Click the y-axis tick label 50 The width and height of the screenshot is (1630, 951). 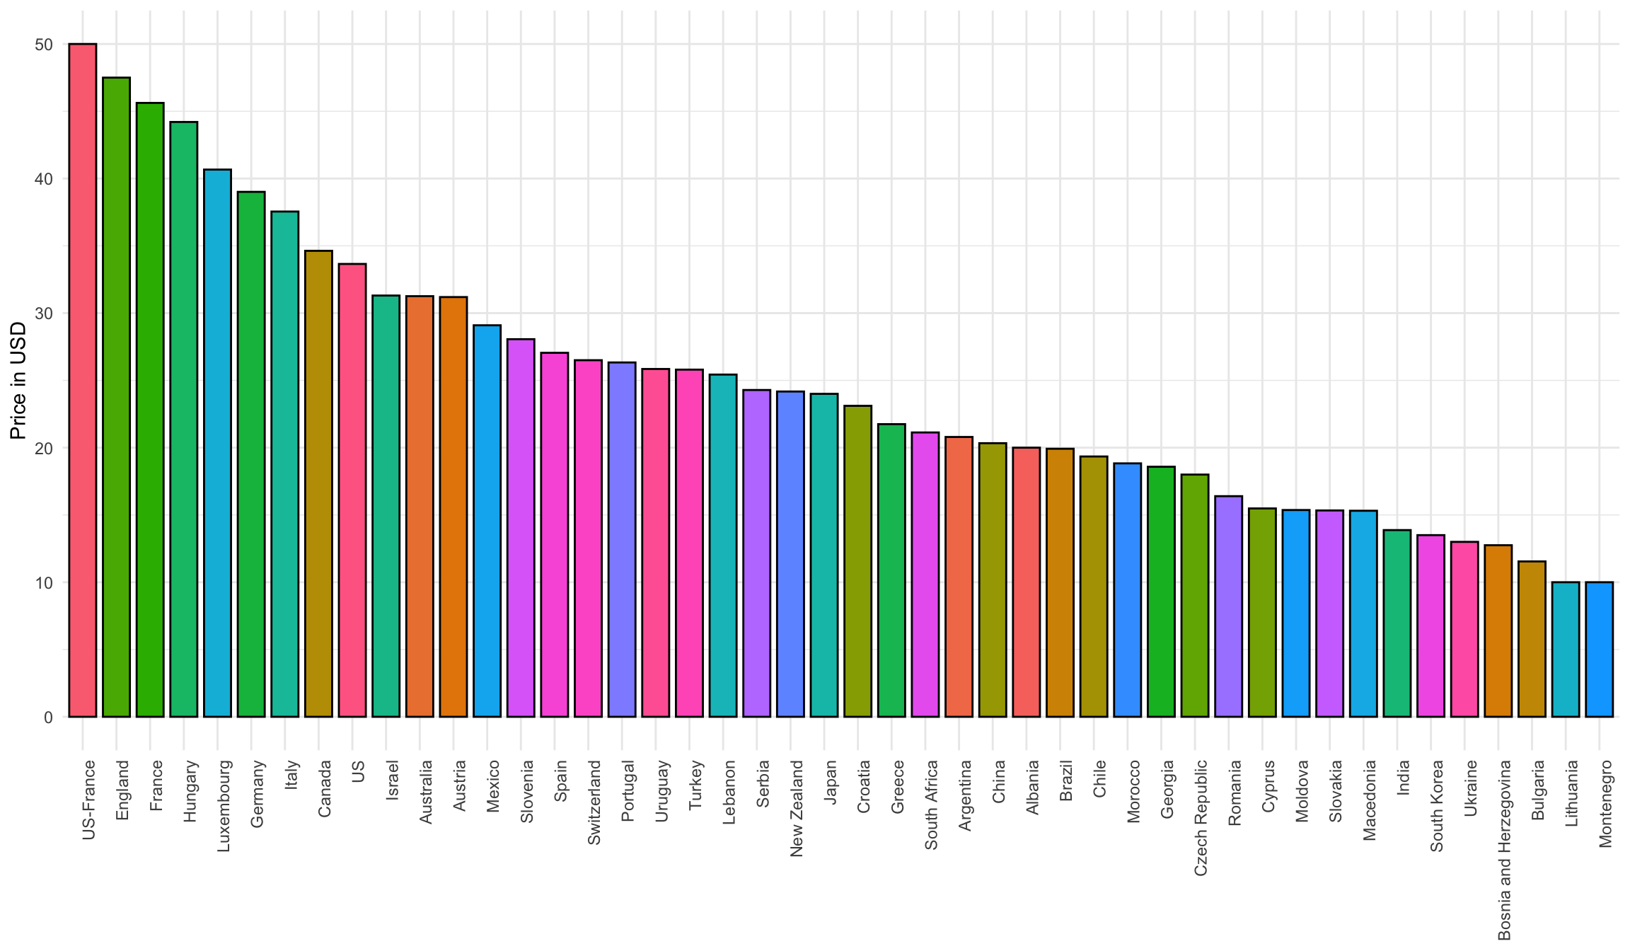pyautogui.click(x=44, y=45)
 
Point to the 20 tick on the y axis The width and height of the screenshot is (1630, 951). pyautogui.click(x=44, y=448)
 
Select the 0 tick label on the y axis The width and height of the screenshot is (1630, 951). pyautogui.click(x=48, y=717)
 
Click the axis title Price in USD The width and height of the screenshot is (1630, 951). pyautogui.click(x=18, y=381)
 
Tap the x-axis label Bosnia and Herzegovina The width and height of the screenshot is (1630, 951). pyautogui.click(x=1505, y=850)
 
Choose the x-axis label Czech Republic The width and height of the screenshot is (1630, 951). pyautogui.click(x=1201, y=818)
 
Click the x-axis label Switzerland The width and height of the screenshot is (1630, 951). pyautogui.click(x=594, y=802)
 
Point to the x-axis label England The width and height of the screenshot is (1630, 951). pyautogui.click(x=123, y=790)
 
